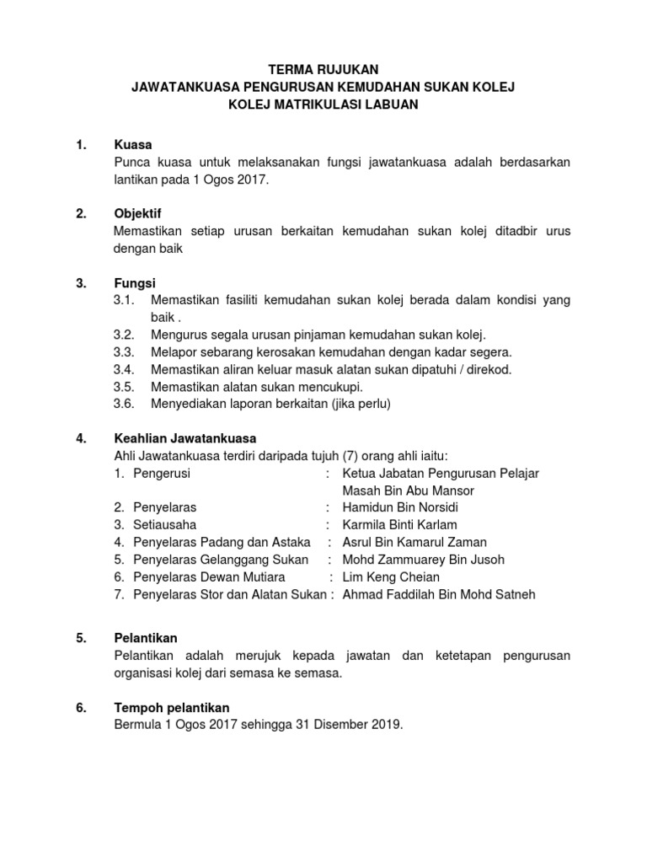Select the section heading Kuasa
click(x=132, y=145)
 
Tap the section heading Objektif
click(x=137, y=214)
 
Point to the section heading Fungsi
click(x=135, y=283)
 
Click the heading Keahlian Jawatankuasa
click(x=184, y=439)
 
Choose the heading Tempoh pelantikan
click(x=171, y=707)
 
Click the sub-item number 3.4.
click(x=124, y=370)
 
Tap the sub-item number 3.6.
click(x=124, y=405)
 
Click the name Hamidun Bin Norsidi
click(x=400, y=507)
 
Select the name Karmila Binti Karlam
click(x=402, y=525)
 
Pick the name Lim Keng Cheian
click(x=391, y=577)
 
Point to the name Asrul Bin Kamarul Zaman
click(x=414, y=543)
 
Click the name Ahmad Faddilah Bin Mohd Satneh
click(x=438, y=595)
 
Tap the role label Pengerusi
click(x=162, y=474)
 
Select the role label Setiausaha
click(x=164, y=525)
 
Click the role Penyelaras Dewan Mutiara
click(x=209, y=577)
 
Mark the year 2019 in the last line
click(x=387, y=725)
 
